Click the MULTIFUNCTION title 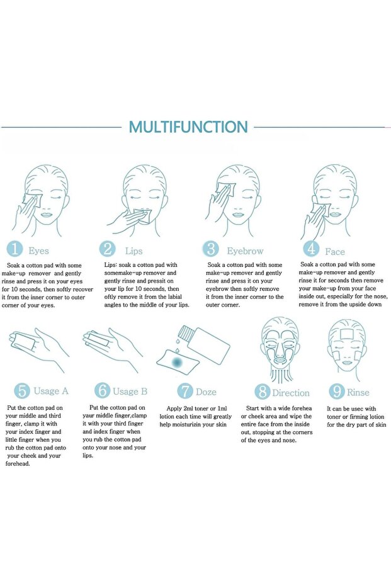coord(188,127)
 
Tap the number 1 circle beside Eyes coord(14,249)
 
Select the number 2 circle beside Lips coord(107,249)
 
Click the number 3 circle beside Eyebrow coord(211,249)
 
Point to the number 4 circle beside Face coord(310,249)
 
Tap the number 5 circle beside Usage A coord(22,391)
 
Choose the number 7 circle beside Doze coord(185,392)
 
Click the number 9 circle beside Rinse coord(336,392)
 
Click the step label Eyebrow coord(245,251)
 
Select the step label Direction coord(291,393)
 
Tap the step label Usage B coord(130,392)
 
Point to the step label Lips coord(134,251)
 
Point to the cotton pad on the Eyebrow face coord(227,189)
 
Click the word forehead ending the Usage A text coord(18,464)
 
